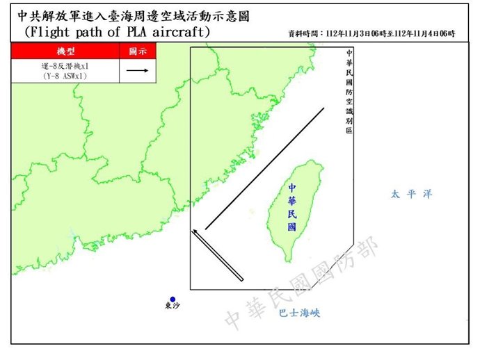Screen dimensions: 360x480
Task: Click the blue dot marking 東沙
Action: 173,300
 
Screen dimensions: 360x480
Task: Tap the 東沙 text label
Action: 172,309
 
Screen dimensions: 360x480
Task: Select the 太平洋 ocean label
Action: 411,195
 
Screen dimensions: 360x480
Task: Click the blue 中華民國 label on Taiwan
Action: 291,207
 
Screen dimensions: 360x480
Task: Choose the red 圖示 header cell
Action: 137,51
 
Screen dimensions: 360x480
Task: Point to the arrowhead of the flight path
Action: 194,229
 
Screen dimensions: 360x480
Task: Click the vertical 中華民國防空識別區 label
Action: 349,91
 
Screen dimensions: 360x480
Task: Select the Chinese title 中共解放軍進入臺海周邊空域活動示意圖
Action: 132,16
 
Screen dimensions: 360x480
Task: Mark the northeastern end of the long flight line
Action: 324,109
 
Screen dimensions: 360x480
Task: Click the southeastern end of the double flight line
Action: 241,279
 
